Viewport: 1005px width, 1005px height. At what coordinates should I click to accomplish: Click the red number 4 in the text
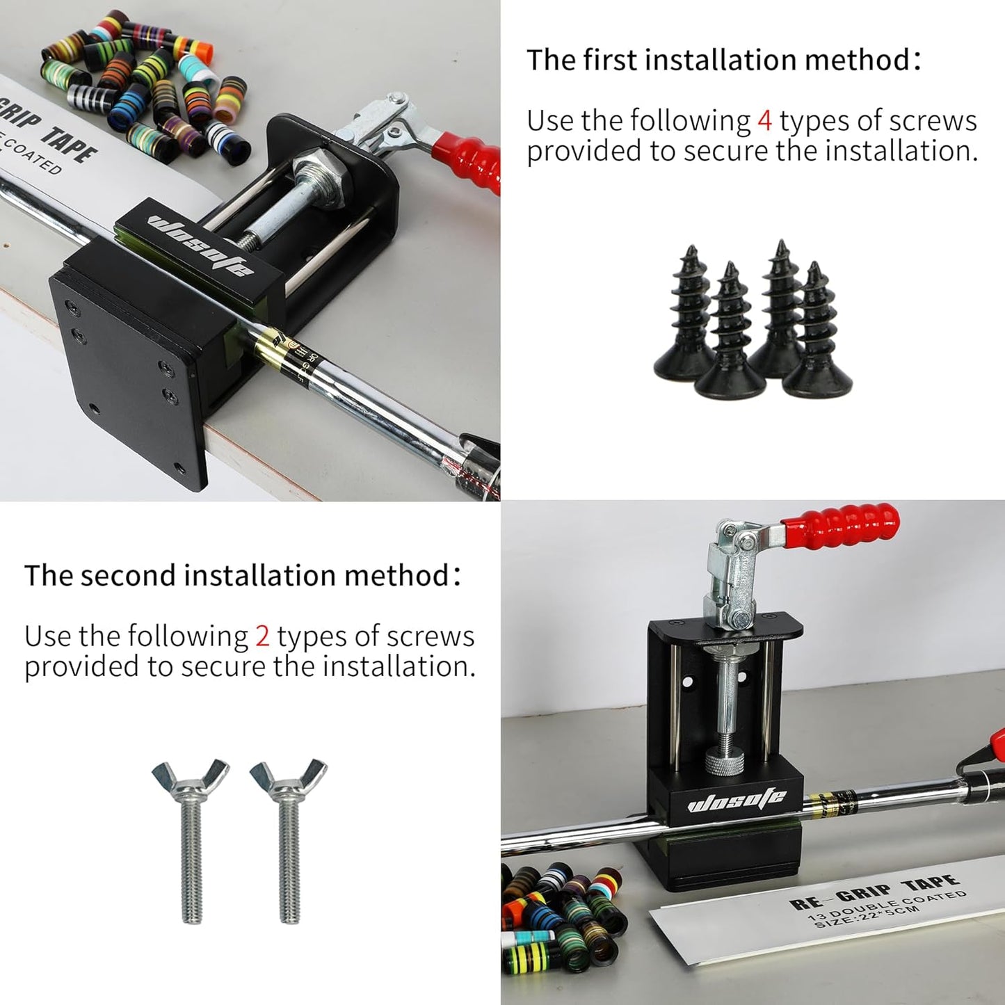point(764,121)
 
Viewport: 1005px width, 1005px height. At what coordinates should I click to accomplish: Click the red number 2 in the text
point(262,636)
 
